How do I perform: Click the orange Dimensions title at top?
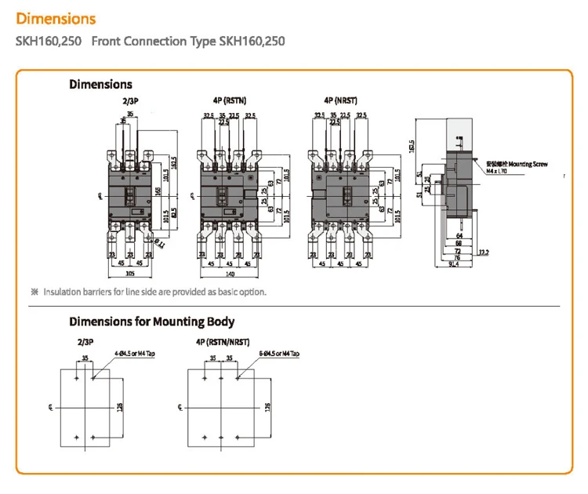pyautogui.click(x=56, y=18)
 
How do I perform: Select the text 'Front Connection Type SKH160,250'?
pyautogui.click(x=188, y=41)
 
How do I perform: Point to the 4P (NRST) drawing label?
pyautogui.click(x=341, y=101)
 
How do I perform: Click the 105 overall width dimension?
pyautogui.click(x=121, y=275)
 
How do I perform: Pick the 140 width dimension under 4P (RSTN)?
pyautogui.click(x=230, y=275)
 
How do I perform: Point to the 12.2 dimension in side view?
pyautogui.click(x=484, y=251)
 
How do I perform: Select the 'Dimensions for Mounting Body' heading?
pyautogui.click(x=151, y=321)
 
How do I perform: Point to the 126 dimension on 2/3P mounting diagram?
pyautogui.click(x=120, y=408)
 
